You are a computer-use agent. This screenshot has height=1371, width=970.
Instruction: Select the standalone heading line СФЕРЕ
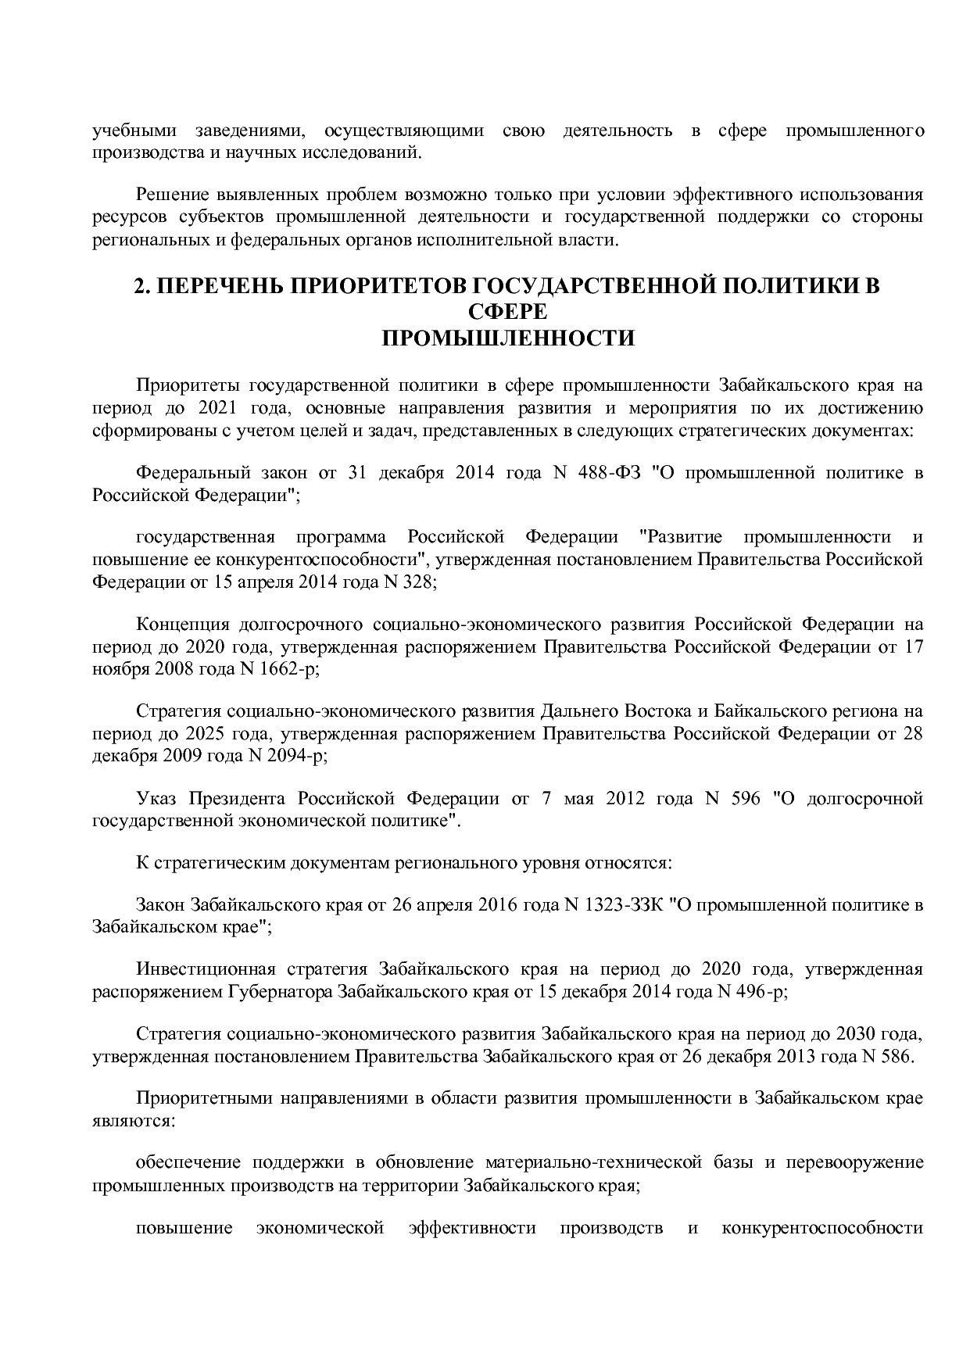(x=507, y=312)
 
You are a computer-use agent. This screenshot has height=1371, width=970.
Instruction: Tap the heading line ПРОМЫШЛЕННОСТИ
(x=507, y=338)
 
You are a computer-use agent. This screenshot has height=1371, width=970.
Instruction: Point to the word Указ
(x=156, y=799)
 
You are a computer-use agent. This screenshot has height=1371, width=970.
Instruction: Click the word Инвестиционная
(x=206, y=969)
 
